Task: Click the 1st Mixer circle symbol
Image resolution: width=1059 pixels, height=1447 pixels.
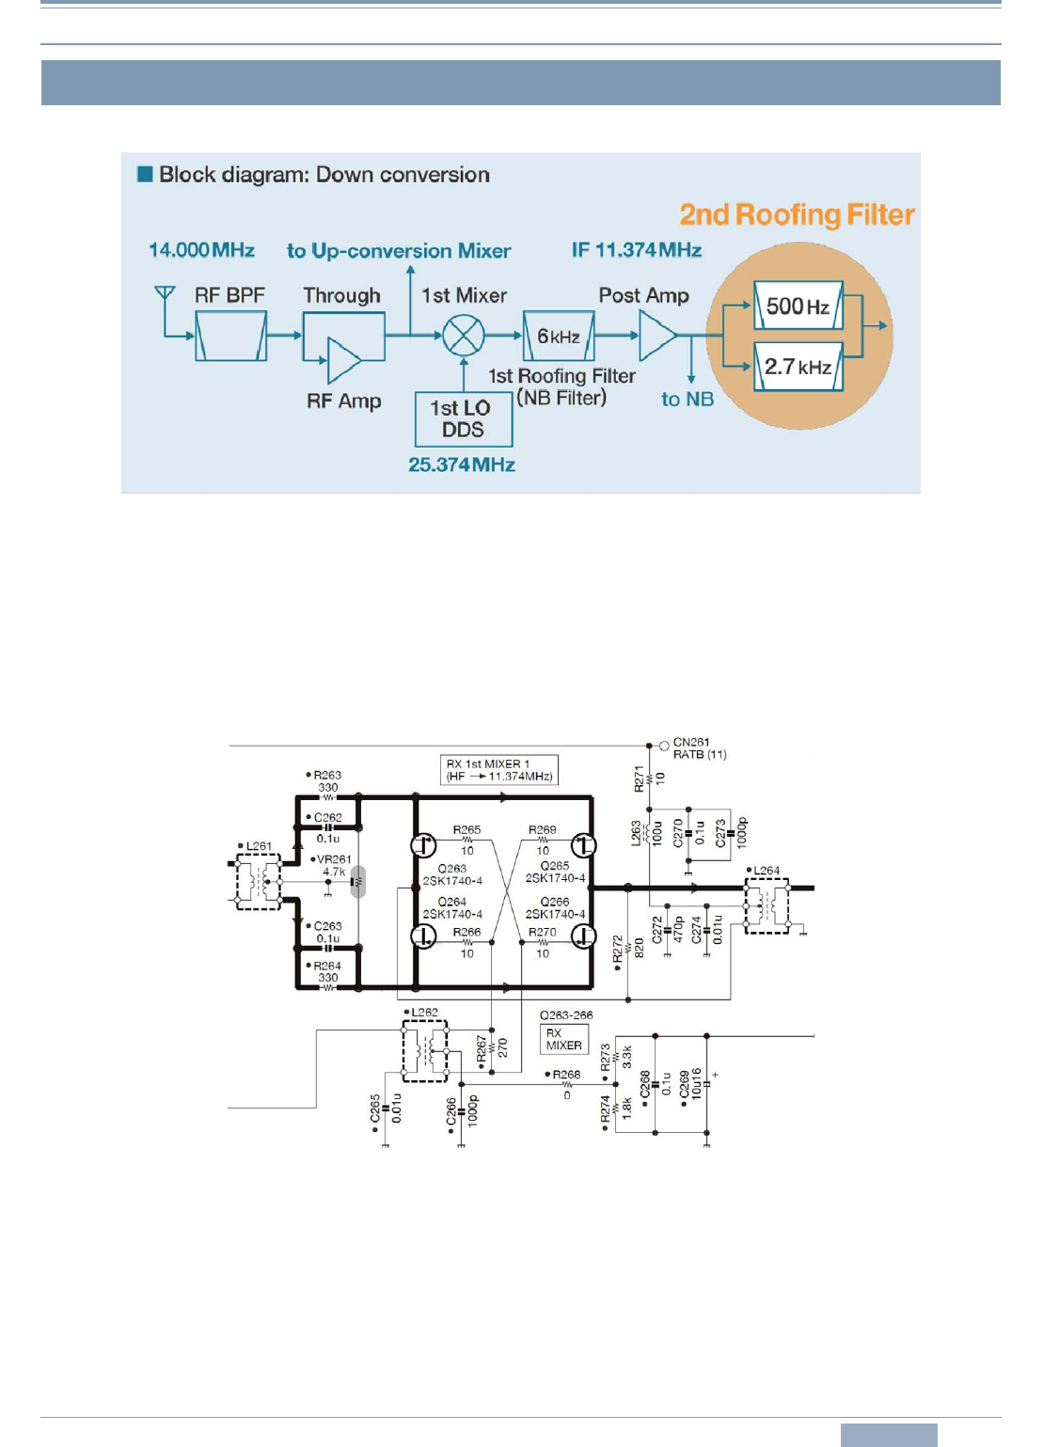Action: [464, 335]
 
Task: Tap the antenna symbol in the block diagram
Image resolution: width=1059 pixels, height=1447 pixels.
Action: [165, 293]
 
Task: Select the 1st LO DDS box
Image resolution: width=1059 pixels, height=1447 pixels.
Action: [464, 419]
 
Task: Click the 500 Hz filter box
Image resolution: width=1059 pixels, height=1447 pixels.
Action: [798, 306]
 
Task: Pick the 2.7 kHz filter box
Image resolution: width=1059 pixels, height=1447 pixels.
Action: [798, 367]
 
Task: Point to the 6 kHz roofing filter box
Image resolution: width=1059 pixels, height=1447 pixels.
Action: [559, 336]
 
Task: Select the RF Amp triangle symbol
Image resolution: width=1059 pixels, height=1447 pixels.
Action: [343, 361]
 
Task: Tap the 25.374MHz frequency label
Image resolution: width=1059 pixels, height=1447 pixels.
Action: [462, 464]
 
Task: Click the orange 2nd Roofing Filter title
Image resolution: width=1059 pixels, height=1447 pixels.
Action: [797, 215]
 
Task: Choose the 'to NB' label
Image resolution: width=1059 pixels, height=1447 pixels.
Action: [688, 400]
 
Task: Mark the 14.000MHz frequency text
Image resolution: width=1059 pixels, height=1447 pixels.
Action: [202, 250]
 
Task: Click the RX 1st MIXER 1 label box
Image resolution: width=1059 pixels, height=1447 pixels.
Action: [499, 770]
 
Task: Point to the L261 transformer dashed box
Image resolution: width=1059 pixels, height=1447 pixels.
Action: [258, 882]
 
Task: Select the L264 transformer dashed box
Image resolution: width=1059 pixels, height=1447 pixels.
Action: [767, 906]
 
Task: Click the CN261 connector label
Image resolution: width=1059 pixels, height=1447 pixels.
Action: [691, 743]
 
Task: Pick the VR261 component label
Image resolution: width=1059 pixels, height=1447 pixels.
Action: [334, 859]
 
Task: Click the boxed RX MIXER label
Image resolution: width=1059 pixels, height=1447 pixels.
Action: [564, 1039]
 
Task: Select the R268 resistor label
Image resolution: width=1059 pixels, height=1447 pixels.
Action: [566, 1075]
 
